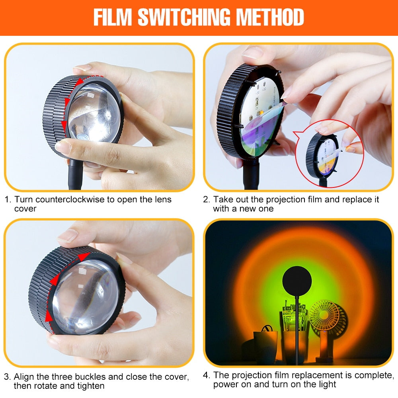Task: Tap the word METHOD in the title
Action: click(274, 17)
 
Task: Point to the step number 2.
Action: click(206, 199)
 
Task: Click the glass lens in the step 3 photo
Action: click(86, 297)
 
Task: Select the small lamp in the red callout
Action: click(322, 157)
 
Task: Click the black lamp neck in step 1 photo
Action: click(75, 175)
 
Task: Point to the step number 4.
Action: click(206, 375)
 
